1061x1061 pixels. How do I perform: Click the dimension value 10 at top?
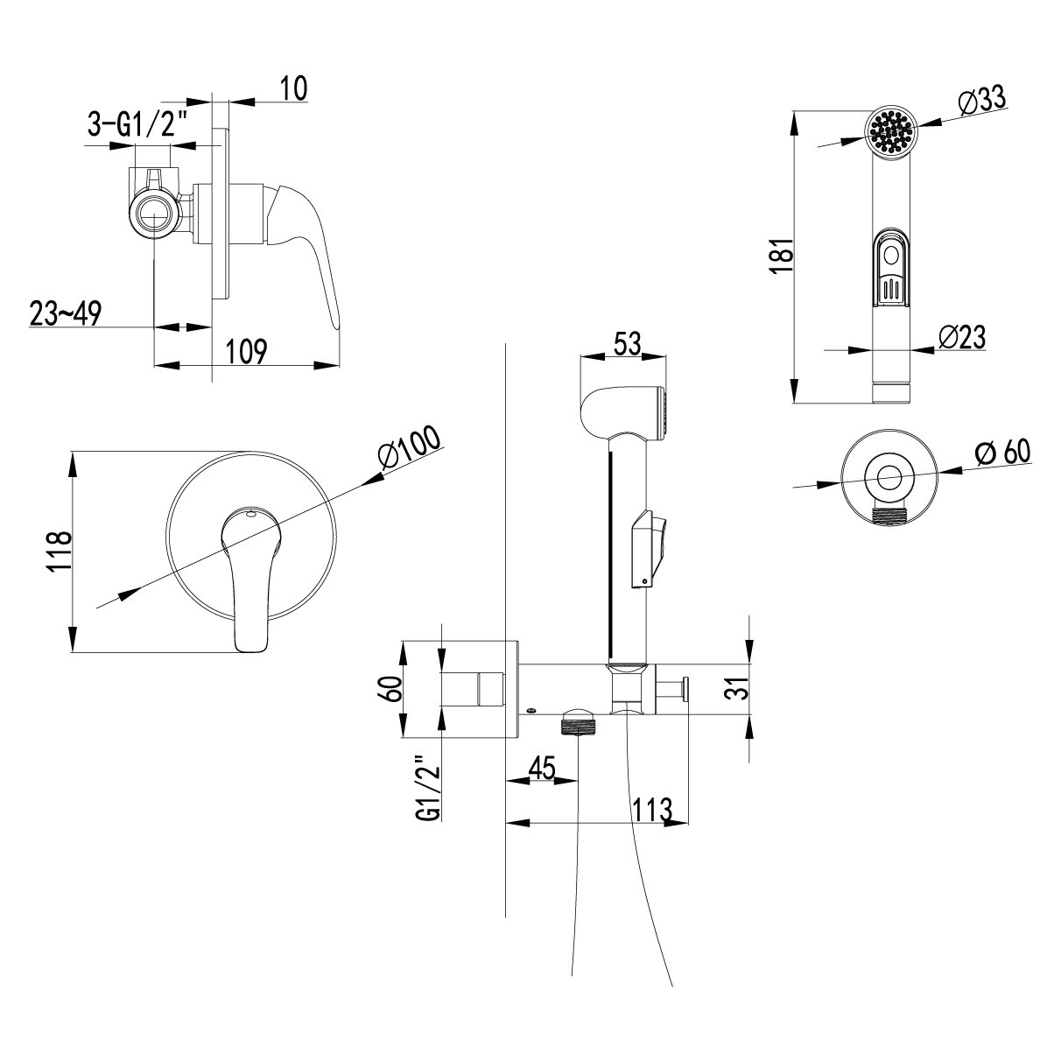click(x=294, y=89)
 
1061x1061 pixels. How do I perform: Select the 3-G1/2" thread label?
click(x=138, y=126)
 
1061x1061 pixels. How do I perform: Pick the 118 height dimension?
click(x=58, y=552)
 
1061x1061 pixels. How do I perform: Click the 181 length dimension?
click(x=783, y=256)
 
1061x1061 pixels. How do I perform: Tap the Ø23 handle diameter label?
click(x=961, y=337)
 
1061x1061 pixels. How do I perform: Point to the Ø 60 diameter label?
click(x=1003, y=453)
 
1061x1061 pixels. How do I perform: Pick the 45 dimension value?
click(x=542, y=769)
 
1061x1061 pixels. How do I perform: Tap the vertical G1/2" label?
click(x=427, y=787)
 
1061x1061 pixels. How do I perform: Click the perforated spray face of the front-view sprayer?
click(x=892, y=134)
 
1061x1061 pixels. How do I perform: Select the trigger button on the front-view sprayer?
click(x=892, y=271)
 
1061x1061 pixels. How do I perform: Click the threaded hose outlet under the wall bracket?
click(x=579, y=723)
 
